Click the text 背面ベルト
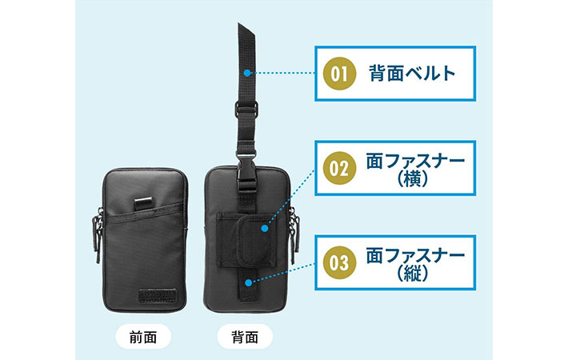[413, 75]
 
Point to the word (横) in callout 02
[414, 182]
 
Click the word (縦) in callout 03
[414, 274]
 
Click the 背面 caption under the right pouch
[244, 336]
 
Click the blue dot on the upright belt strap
[250, 73]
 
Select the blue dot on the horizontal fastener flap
[263, 229]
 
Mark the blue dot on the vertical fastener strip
[250, 280]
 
